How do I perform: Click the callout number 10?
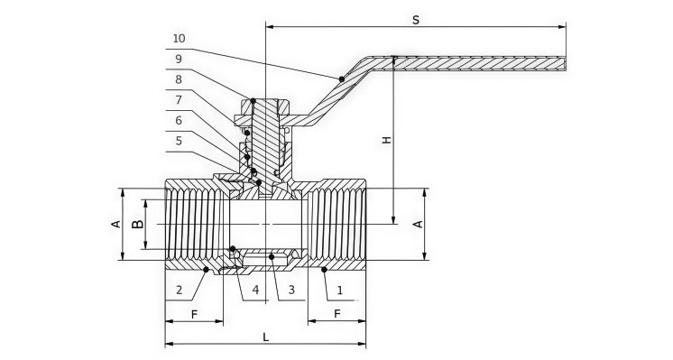pos(179,39)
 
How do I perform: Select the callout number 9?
pos(179,60)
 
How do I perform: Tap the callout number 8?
pos(179,79)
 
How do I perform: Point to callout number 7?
pos(179,100)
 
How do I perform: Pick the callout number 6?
pos(179,121)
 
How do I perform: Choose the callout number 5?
pos(179,141)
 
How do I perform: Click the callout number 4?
pos(256,290)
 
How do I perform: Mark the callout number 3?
pos(291,290)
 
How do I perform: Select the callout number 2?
pos(179,290)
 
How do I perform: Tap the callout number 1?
pos(340,291)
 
